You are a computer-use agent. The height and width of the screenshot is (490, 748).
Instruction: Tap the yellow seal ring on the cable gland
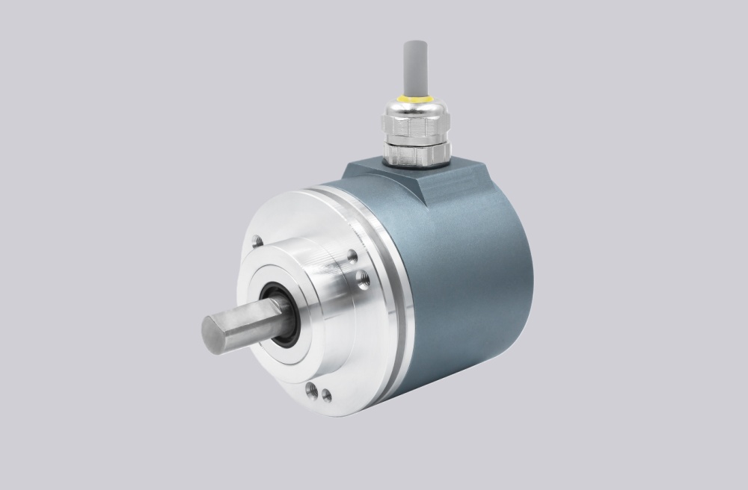[x=414, y=98]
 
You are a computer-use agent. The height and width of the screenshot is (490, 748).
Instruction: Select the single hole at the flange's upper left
[x=257, y=241]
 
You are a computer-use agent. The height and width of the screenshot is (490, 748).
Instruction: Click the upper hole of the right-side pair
[x=352, y=256]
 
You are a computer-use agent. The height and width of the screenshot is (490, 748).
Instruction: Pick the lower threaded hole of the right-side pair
[x=362, y=281]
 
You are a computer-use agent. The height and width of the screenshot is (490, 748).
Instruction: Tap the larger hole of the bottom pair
[x=310, y=390]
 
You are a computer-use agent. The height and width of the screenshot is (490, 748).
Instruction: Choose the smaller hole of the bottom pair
[x=327, y=396]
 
